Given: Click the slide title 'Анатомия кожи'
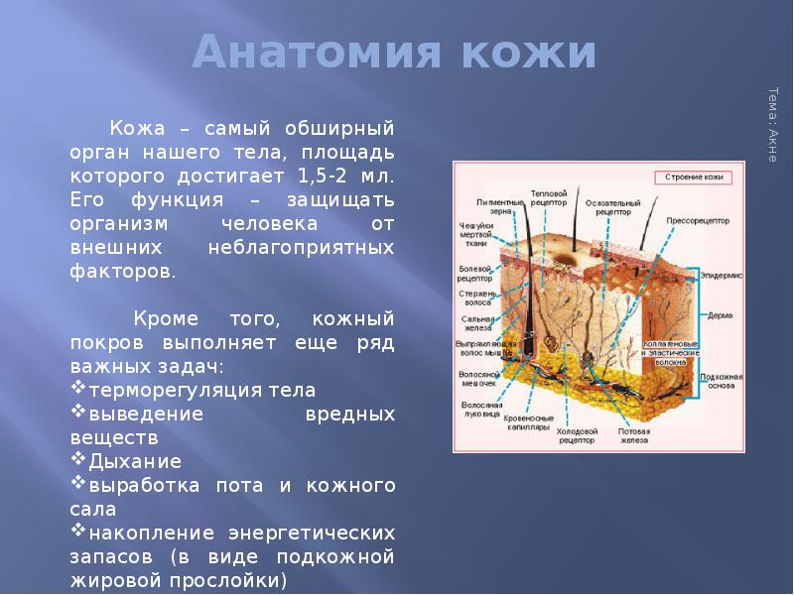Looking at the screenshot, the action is click(394, 53).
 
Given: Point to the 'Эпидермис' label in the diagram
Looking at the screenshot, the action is click(721, 273).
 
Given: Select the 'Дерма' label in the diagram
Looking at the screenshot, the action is click(720, 315).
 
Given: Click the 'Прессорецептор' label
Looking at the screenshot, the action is click(697, 222).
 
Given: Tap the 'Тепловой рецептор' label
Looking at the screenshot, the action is click(548, 196).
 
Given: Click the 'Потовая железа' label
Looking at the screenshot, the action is click(634, 436).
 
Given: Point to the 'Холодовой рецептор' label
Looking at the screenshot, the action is click(577, 436).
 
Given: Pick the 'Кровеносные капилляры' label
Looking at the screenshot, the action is click(527, 424).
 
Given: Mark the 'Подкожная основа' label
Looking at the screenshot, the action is click(721, 381).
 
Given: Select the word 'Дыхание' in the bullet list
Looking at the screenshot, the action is click(135, 461).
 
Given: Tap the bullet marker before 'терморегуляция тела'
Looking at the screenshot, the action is click(78, 389).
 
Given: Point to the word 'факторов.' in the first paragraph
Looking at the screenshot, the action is click(123, 271).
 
